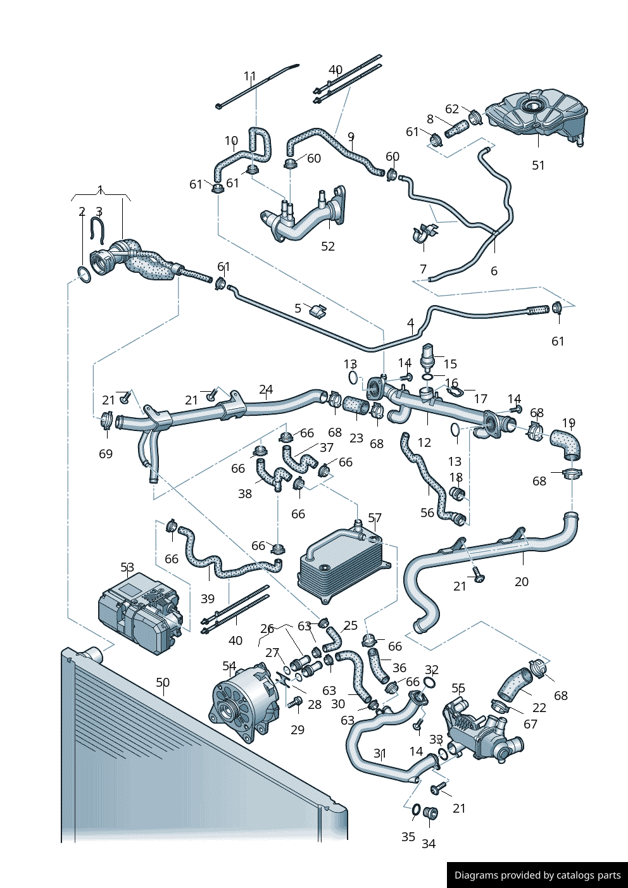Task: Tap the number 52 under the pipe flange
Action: coord(328,246)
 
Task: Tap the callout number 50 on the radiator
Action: coord(163,682)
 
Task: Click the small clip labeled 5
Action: coord(318,310)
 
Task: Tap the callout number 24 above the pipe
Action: coord(266,390)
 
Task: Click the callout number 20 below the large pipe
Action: coord(522,582)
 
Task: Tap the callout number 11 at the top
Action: coord(250,77)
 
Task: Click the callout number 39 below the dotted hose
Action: coord(208,599)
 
